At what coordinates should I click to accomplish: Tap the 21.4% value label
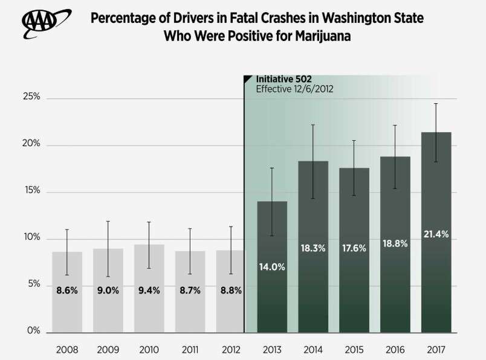click(436, 234)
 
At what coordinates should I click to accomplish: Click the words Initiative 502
click(283, 79)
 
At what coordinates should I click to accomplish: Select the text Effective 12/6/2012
click(295, 89)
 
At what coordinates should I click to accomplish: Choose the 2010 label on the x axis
click(149, 350)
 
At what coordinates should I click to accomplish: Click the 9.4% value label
click(149, 290)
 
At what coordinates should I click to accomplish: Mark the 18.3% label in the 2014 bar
click(313, 248)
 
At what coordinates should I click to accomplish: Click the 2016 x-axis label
click(395, 350)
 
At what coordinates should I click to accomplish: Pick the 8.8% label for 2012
click(231, 290)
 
